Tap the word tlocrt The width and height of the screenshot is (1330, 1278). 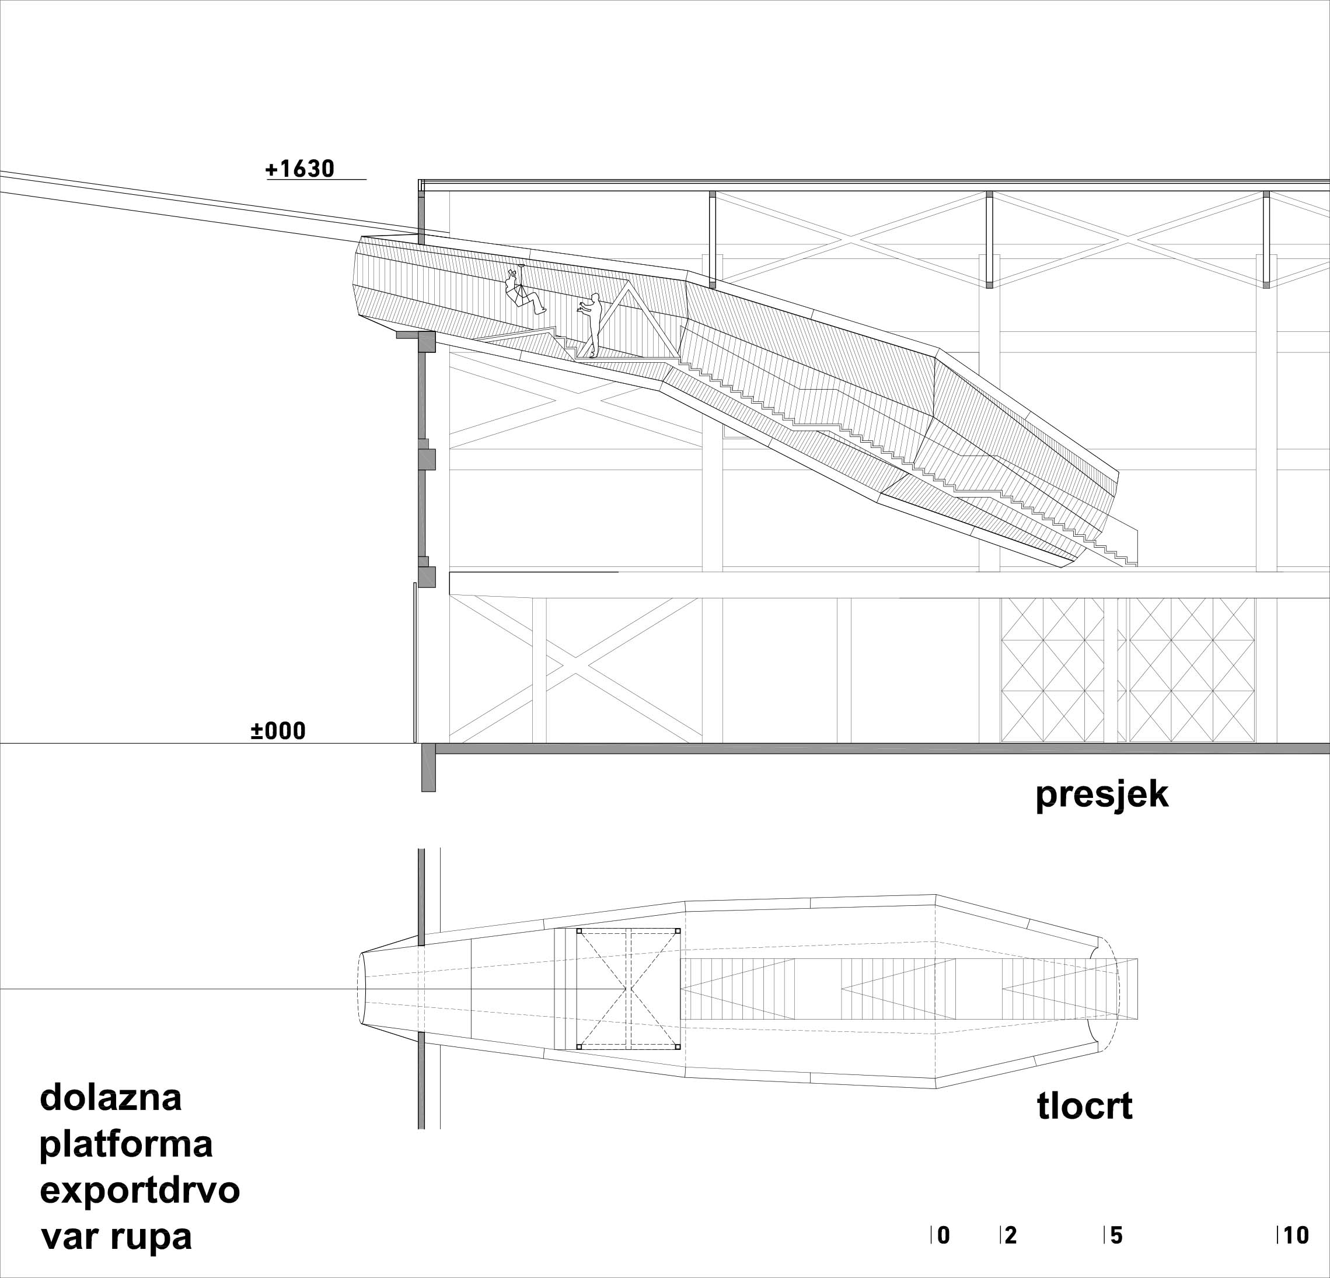click(x=1084, y=1107)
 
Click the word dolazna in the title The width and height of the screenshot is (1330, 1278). click(x=111, y=1098)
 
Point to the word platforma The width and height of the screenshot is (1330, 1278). click(x=126, y=1144)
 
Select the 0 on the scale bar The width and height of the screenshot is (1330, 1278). click(x=943, y=1236)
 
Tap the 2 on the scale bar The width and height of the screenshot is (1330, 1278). click(x=1010, y=1236)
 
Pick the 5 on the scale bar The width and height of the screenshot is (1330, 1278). click(x=1116, y=1236)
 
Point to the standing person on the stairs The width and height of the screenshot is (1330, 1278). click(x=592, y=324)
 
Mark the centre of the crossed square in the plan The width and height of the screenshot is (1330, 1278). click(x=629, y=990)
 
